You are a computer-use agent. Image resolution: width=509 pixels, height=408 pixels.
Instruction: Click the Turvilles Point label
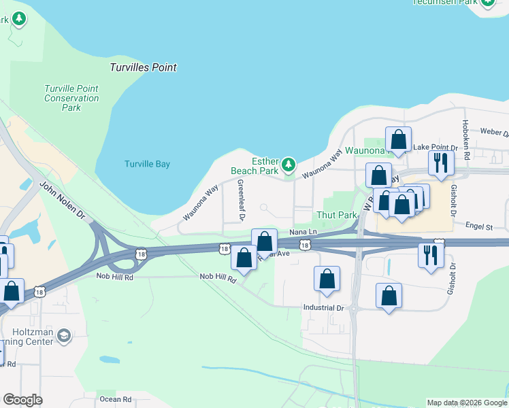pyautogui.click(x=143, y=67)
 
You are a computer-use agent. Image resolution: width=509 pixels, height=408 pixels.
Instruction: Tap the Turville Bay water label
pyautogui.click(x=147, y=164)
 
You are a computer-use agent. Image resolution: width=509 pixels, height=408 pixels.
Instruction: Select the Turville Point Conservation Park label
pyautogui.click(x=71, y=98)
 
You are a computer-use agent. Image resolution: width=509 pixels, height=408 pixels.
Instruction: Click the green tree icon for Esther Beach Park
pyautogui.click(x=289, y=164)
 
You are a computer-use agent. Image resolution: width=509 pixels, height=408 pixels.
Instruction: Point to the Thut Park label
pyautogui.click(x=337, y=215)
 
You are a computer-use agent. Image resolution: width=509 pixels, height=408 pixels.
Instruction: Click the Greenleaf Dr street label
pyautogui.click(x=240, y=200)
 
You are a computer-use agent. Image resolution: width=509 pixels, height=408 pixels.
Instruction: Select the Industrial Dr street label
pyautogui.click(x=323, y=307)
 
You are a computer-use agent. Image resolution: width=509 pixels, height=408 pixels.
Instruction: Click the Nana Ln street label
pyautogui.click(x=299, y=232)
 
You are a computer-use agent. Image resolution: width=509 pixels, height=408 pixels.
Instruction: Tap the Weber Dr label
pyautogui.click(x=494, y=131)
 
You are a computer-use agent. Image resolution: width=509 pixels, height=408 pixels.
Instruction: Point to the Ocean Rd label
pyautogui.click(x=114, y=399)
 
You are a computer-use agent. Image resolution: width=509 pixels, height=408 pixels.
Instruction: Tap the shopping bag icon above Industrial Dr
pyautogui.click(x=327, y=278)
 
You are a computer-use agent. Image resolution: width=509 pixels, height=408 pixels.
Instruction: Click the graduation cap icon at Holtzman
pyautogui.click(x=63, y=335)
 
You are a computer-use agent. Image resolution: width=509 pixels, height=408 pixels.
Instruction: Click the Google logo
pyautogui.click(x=23, y=400)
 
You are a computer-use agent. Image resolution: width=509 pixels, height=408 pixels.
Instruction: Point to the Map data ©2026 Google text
pyautogui.click(x=466, y=403)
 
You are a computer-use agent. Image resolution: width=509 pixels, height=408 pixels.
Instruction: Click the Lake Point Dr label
pyautogui.click(x=431, y=147)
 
